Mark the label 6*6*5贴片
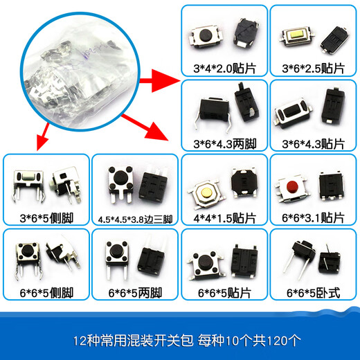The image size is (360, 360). tap(224, 293)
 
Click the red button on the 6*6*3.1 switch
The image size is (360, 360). tap(291, 186)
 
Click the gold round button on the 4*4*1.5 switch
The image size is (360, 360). tap(205, 188)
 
